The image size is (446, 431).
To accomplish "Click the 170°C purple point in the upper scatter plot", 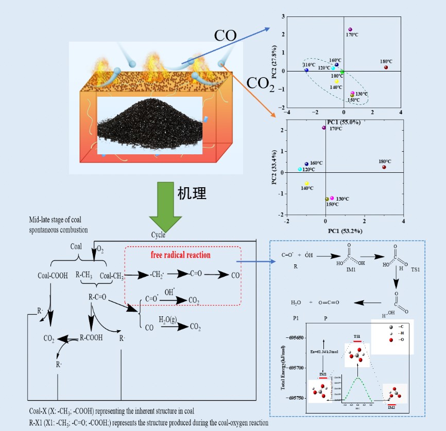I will (350, 29).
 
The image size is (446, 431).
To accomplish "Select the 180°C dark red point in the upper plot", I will (385, 67).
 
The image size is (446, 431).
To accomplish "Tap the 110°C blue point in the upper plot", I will (306, 70).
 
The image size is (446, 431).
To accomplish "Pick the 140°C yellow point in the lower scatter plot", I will (307, 184).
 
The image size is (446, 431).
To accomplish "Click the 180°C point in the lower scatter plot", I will (384, 167).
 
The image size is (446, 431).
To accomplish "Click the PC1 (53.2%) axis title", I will (344, 231).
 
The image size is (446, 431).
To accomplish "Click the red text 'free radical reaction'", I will (180, 255).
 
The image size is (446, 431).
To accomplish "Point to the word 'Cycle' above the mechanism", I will (159, 235).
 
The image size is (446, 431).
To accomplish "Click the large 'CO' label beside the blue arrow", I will (225, 35).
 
